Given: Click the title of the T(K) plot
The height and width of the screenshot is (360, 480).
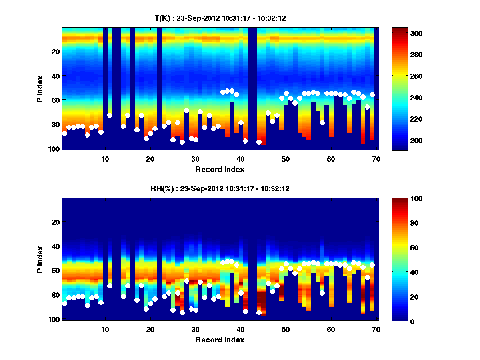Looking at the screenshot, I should point(220,18).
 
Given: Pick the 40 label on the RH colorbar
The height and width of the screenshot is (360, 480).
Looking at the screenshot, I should point(400,272).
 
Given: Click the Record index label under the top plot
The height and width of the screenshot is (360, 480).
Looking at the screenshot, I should point(220,169).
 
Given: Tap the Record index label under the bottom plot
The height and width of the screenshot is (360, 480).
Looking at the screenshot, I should point(220,340).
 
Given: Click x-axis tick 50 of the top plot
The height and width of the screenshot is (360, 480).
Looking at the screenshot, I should point(286,159).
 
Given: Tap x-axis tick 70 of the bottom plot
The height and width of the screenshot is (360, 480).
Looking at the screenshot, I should point(376,329).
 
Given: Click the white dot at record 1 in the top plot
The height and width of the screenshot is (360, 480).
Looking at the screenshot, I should point(65,133).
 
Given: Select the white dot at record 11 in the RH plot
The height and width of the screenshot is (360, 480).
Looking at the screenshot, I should point(110,286).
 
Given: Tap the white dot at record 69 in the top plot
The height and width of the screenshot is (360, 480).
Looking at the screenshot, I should point(372,94).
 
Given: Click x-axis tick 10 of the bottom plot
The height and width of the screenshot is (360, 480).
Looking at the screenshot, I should point(105,329).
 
